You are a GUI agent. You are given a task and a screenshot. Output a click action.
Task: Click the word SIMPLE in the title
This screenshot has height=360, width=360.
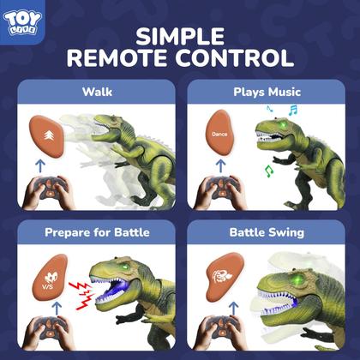click(x=180, y=36)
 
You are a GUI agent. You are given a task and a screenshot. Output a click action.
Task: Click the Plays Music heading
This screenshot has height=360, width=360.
click(x=267, y=91)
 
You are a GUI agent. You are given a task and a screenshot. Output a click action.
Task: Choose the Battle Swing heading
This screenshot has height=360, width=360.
click(x=267, y=232)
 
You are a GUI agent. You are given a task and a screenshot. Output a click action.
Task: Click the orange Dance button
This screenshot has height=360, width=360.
click(x=218, y=135)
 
